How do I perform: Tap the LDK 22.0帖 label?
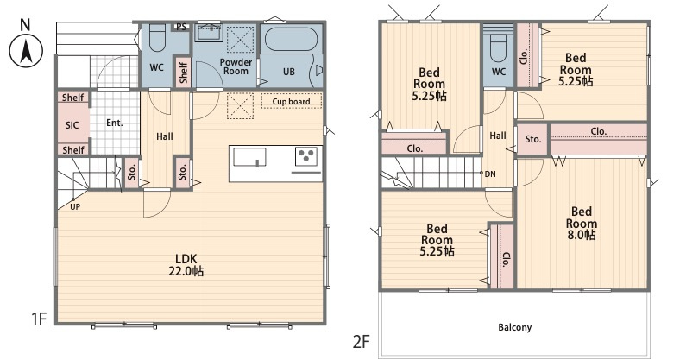(x=186, y=265)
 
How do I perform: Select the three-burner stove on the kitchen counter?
(x=305, y=156)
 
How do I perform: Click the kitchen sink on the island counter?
(x=249, y=158)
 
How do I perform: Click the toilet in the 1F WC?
(x=157, y=38)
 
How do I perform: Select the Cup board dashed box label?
(x=292, y=101)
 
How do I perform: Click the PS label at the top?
(x=181, y=27)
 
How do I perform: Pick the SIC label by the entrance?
(x=72, y=125)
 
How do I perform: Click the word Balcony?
(x=515, y=327)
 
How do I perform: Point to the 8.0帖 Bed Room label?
(x=582, y=224)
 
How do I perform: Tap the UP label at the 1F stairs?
(x=75, y=206)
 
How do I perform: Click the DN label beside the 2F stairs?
(x=490, y=174)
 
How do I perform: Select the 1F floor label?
(x=39, y=319)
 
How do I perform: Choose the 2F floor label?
(x=362, y=342)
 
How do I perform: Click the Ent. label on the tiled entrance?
(x=115, y=123)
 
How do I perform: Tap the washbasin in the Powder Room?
(x=210, y=34)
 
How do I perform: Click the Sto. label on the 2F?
(x=533, y=139)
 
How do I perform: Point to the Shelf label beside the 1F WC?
(x=183, y=72)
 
